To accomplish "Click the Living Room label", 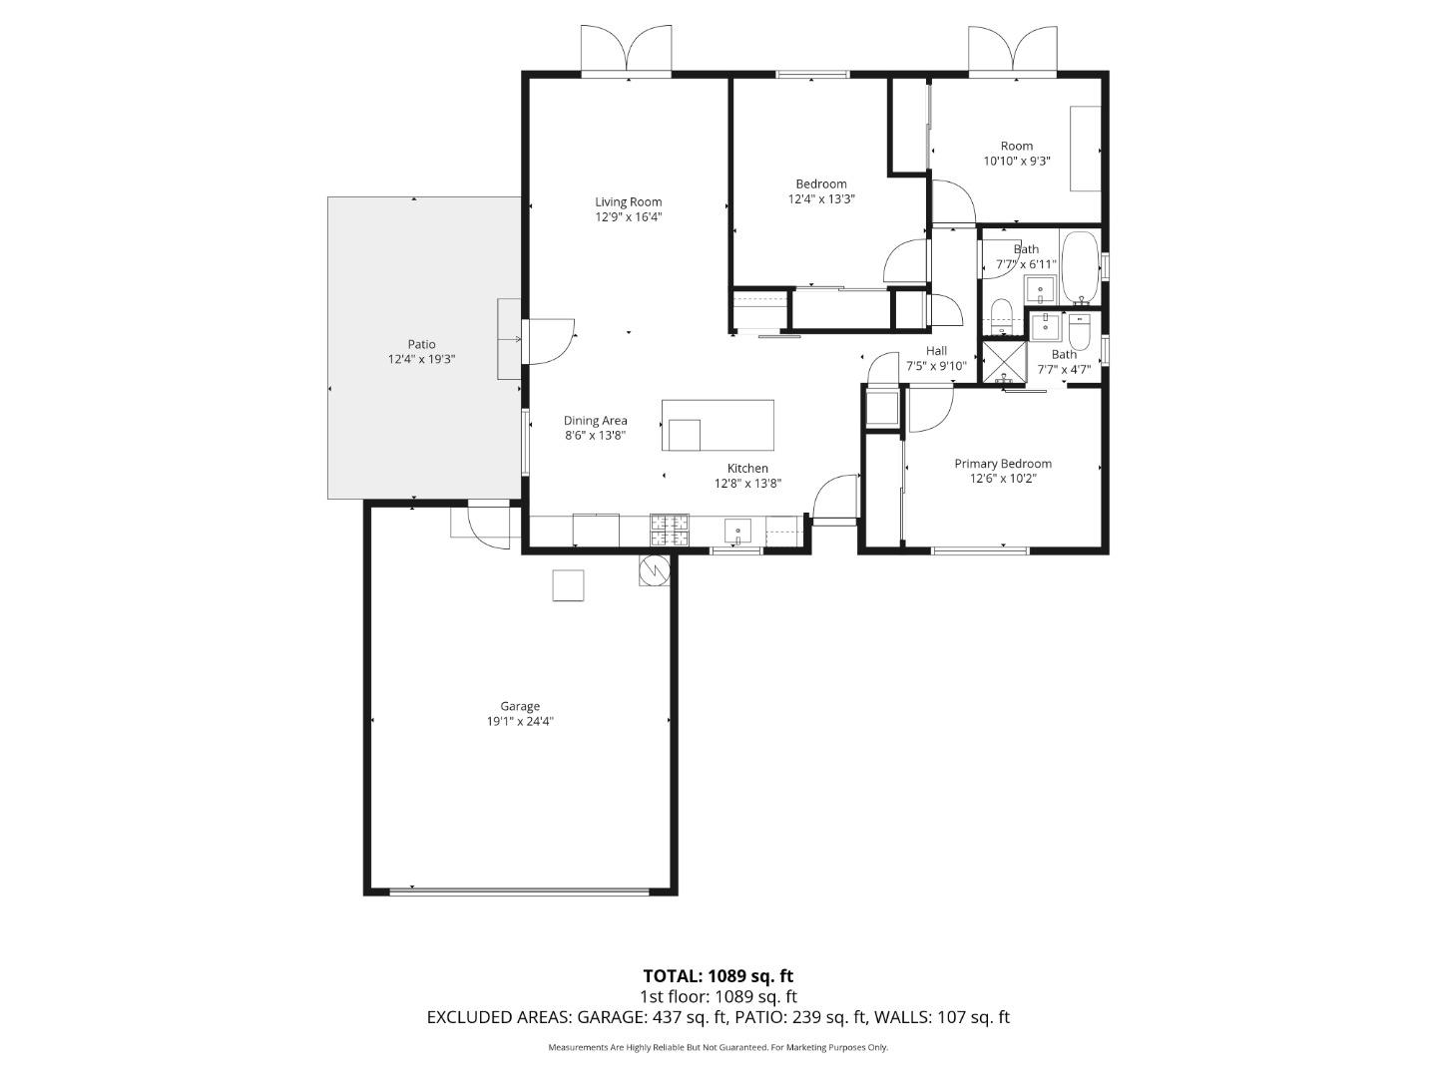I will [628, 202].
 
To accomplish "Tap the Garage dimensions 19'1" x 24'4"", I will [520, 721].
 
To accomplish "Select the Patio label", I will [421, 345].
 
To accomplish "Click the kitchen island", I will [718, 426].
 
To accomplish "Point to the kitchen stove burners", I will [669, 530].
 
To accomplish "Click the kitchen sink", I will [738, 530].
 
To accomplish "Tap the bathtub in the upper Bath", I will [1080, 267].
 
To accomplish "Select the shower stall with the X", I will [1004, 362].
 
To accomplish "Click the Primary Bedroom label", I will [1003, 464].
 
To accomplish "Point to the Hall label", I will [936, 351].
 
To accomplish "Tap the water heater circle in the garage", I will [656, 570].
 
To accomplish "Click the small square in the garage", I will [568, 585].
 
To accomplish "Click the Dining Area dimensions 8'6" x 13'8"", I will [595, 435].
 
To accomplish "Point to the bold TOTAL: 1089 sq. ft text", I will [718, 976].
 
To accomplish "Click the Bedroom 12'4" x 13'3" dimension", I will [821, 198].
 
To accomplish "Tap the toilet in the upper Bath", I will [1002, 308].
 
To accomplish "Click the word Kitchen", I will [747, 469].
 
